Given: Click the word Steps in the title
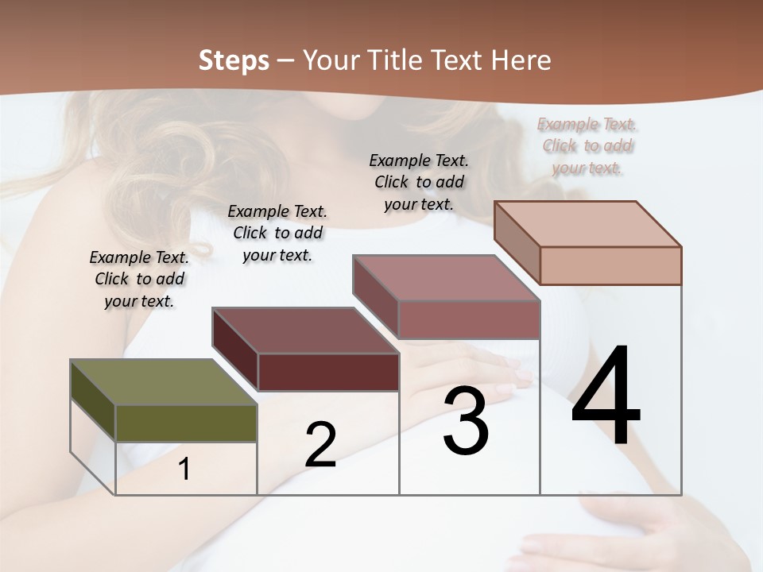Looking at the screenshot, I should coord(234,60).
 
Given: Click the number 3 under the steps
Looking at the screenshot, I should coord(466,421).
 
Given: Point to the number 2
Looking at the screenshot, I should coord(320,445).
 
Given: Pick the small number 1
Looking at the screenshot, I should coord(184,470).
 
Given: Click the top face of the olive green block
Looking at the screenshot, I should coord(163,382).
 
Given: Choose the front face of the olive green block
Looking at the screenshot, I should coord(186,423).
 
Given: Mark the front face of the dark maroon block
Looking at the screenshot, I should coord(328,372).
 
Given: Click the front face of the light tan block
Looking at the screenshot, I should coord(610,265).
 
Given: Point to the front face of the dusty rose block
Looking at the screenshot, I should coord(469,319).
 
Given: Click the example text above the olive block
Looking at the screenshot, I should coord(139,279).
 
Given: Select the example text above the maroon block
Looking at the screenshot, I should coord(277,233).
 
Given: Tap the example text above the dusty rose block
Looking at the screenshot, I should coord(419,182).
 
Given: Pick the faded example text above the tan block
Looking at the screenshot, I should coord(588,145).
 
